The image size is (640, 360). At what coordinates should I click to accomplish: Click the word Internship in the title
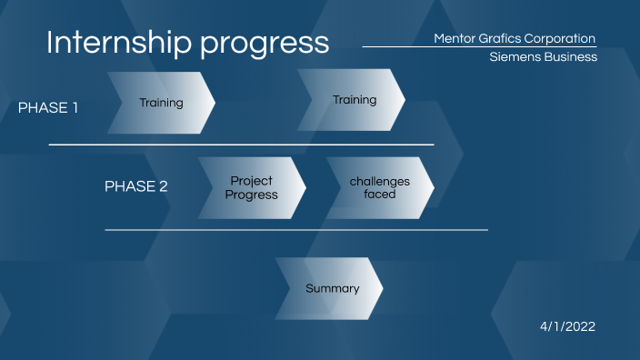111,43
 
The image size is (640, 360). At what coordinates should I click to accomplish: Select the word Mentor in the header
455,38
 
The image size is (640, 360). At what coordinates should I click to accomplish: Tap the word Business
569,56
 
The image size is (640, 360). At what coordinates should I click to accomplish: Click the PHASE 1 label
48,107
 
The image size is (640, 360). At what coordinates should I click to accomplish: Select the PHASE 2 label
136,186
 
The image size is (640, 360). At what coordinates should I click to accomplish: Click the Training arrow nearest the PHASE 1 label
161,103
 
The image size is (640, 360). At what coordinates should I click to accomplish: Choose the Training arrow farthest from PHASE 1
353,100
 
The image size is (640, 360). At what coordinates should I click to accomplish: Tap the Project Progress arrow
252,187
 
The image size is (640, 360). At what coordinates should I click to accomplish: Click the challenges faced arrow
380,187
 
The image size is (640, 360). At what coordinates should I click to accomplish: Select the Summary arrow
332,288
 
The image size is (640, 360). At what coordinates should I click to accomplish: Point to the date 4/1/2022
568,325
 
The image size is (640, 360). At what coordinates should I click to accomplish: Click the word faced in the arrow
380,194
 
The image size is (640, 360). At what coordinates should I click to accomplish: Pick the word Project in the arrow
252,181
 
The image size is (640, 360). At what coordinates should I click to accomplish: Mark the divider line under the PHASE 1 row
241,145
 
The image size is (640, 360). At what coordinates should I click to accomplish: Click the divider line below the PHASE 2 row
295,230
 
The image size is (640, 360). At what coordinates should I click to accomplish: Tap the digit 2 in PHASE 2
164,186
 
